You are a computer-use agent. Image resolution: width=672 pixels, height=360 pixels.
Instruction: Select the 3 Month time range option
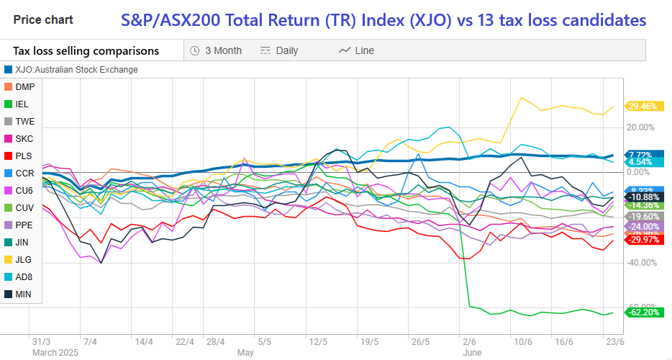click(x=216, y=50)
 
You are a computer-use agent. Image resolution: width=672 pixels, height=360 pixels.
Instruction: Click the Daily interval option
click(x=279, y=50)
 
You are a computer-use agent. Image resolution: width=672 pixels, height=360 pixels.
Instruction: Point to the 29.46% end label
click(x=643, y=107)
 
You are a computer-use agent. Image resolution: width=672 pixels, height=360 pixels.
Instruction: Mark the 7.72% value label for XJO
click(x=641, y=155)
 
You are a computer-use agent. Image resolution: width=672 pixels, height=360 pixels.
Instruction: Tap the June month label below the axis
click(x=472, y=353)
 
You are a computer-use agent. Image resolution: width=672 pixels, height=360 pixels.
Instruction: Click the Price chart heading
click(x=42, y=19)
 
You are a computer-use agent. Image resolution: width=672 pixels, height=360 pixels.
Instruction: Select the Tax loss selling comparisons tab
click(x=86, y=50)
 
